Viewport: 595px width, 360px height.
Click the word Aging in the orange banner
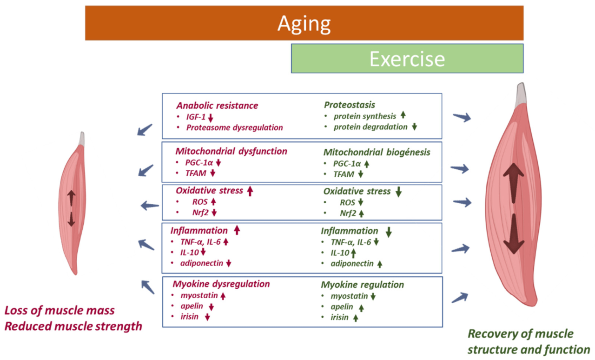tap(304, 23)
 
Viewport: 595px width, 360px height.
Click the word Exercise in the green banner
tap(407, 59)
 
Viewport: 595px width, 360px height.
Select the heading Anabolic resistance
tap(217, 106)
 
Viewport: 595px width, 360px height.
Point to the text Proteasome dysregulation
tap(235, 127)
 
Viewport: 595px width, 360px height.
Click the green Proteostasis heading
tap(349, 105)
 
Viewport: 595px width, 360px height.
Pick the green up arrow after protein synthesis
tap(403, 116)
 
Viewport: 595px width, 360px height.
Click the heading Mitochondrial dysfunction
tap(231, 151)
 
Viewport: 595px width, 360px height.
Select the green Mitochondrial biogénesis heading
tap(377, 152)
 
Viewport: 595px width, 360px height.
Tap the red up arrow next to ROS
tap(214, 202)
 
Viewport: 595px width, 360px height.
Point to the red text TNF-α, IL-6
tap(201, 242)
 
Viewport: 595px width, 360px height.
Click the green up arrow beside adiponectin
tap(380, 264)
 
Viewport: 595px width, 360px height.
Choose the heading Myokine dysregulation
tap(221, 284)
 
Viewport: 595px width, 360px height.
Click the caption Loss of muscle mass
tap(59, 311)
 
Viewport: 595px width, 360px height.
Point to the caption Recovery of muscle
tap(520, 334)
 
